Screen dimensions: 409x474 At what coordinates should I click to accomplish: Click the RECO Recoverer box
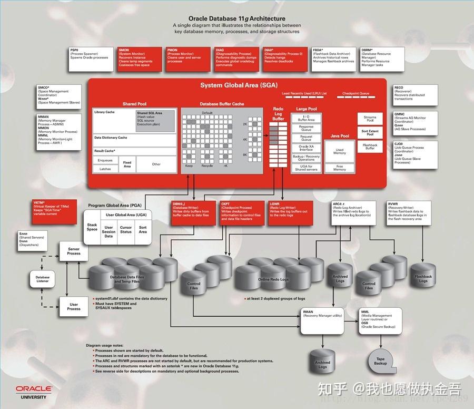[415, 94]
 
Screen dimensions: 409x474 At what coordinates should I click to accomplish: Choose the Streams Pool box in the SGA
[370, 119]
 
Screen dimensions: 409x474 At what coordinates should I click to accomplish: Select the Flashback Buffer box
[370, 147]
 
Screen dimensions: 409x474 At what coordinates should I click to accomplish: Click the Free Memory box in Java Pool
[340, 168]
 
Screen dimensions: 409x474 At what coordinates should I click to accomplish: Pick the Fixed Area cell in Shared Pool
[127, 165]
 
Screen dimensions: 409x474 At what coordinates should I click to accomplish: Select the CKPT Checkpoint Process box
[242, 212]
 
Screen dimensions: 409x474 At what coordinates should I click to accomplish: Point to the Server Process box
[74, 251]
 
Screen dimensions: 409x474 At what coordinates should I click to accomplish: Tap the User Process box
[74, 306]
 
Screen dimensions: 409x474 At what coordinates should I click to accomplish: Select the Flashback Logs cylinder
[423, 279]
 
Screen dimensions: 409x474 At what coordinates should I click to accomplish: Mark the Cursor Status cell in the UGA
[126, 230]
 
